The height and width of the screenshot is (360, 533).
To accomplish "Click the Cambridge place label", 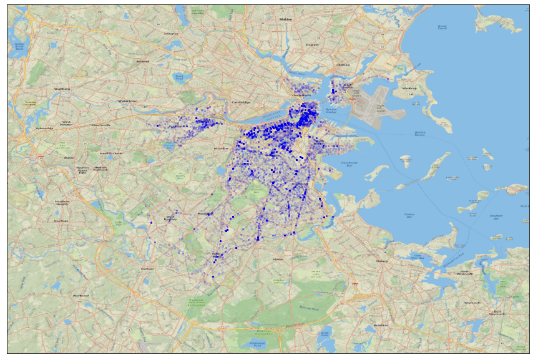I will (x=241, y=102).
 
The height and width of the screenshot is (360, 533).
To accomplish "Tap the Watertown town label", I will (x=127, y=100).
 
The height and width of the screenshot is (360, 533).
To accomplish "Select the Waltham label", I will (x=62, y=89).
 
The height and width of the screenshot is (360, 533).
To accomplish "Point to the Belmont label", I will (x=143, y=61).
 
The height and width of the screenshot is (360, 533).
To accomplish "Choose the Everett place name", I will (x=312, y=45).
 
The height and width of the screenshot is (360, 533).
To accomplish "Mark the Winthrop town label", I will (x=409, y=88).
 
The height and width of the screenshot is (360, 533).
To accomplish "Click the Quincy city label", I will (x=382, y=261).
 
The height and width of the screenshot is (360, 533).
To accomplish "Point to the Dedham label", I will (x=147, y=268).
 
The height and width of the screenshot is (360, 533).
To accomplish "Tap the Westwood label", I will (x=81, y=296).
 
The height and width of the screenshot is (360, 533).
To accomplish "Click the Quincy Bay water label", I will (x=409, y=216).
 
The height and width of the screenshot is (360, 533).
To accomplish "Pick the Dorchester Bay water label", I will (x=350, y=164).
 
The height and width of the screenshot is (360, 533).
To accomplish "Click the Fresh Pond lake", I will (x=180, y=77).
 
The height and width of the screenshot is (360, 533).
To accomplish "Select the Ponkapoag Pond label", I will (x=257, y=344).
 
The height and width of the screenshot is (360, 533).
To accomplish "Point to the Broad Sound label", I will (x=443, y=27).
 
